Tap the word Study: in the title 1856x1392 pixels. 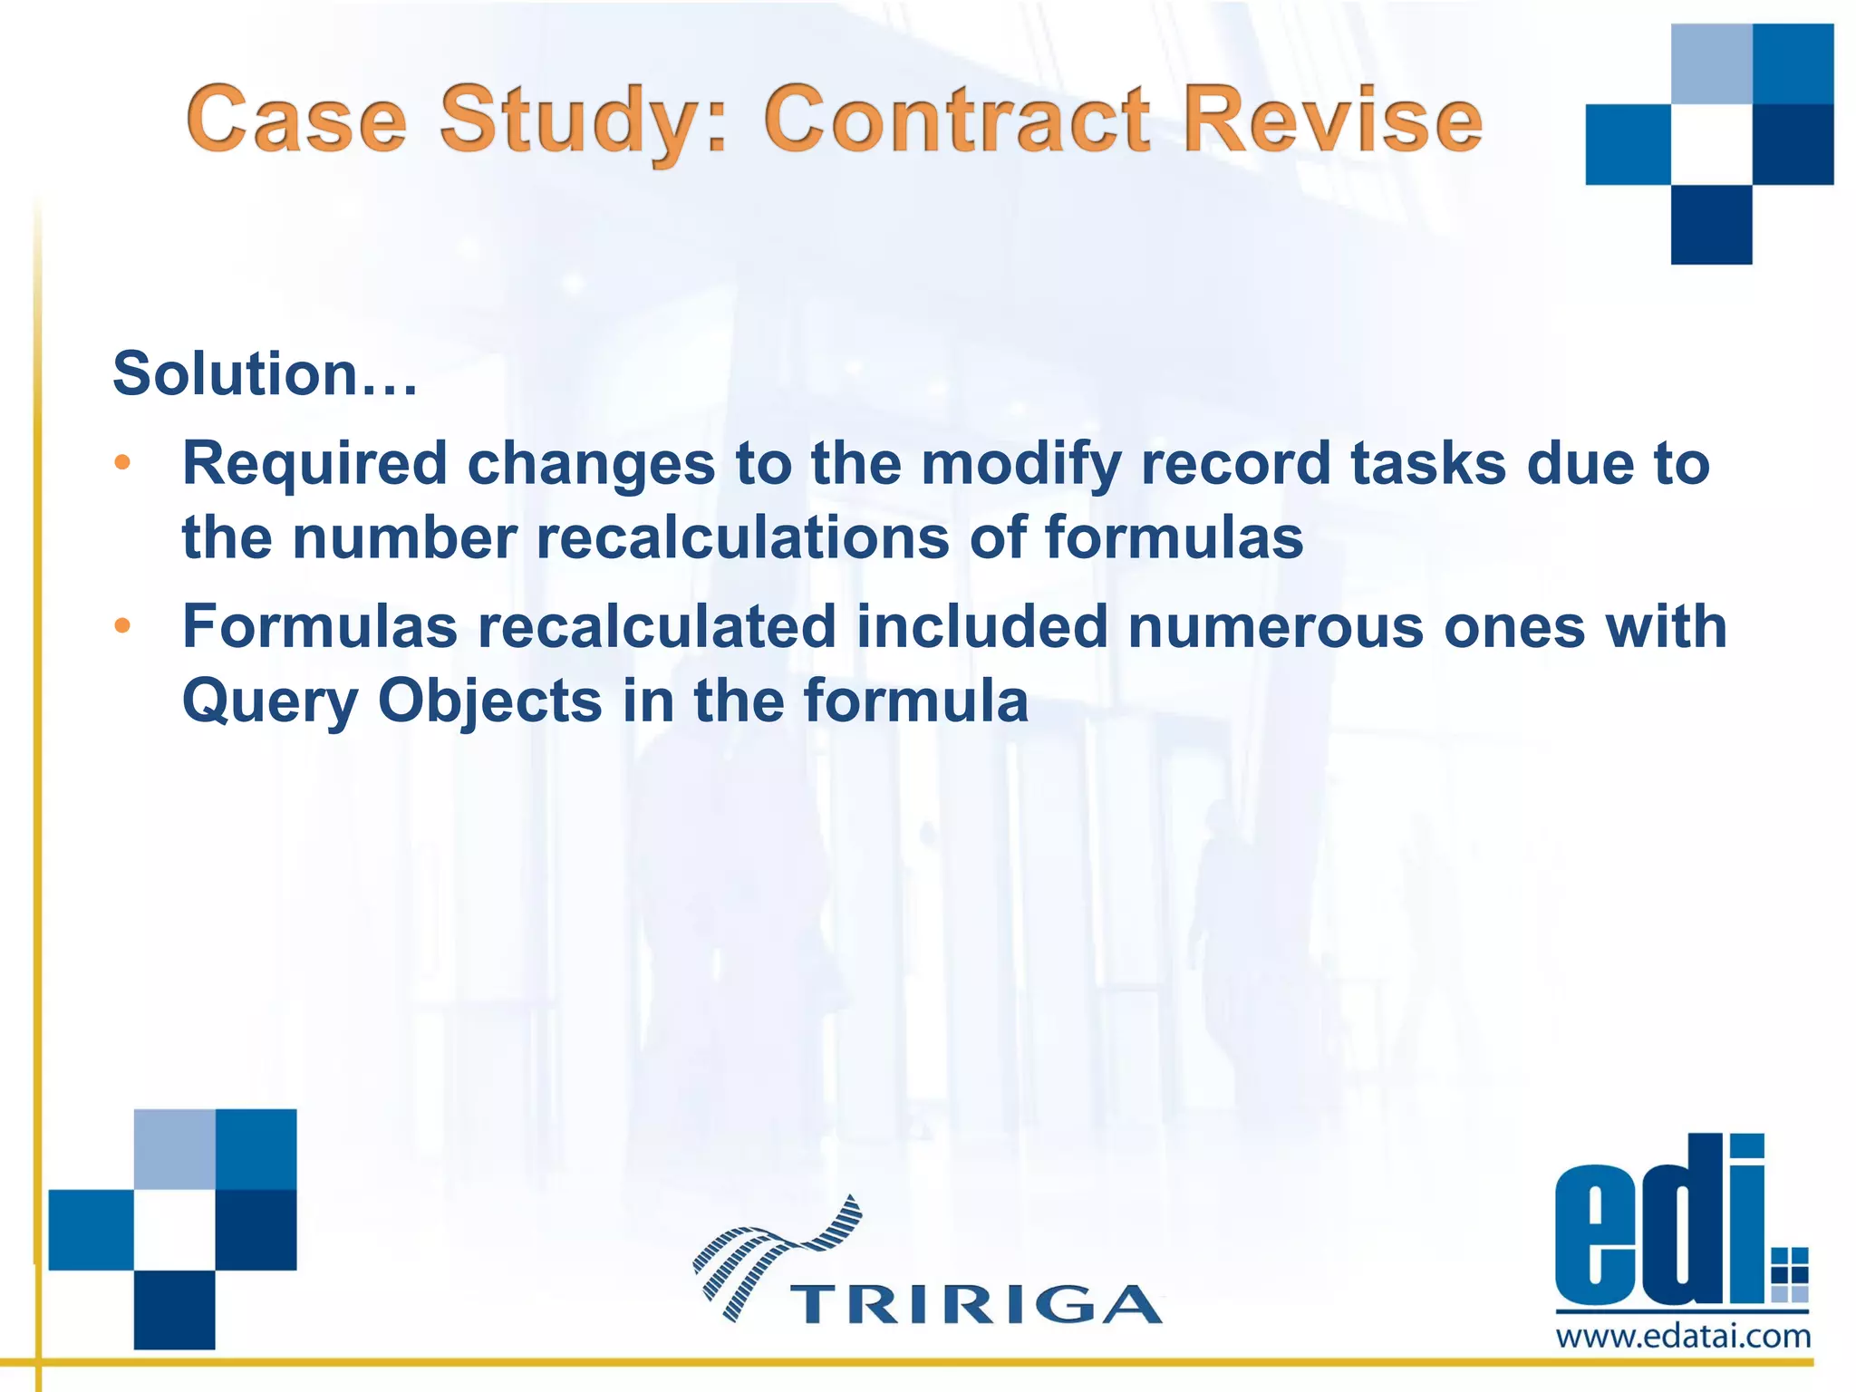tap(584, 121)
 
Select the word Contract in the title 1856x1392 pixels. tap(957, 119)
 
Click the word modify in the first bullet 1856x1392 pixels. tap(1021, 464)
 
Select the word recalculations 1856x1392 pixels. tap(743, 538)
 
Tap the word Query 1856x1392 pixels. tap(270, 702)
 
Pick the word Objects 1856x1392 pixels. tap(490, 702)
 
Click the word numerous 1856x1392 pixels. tap(1275, 627)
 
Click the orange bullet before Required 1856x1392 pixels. tap(122, 464)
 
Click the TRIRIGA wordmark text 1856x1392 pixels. tap(976, 1304)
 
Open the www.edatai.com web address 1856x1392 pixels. tap(1683, 1337)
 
